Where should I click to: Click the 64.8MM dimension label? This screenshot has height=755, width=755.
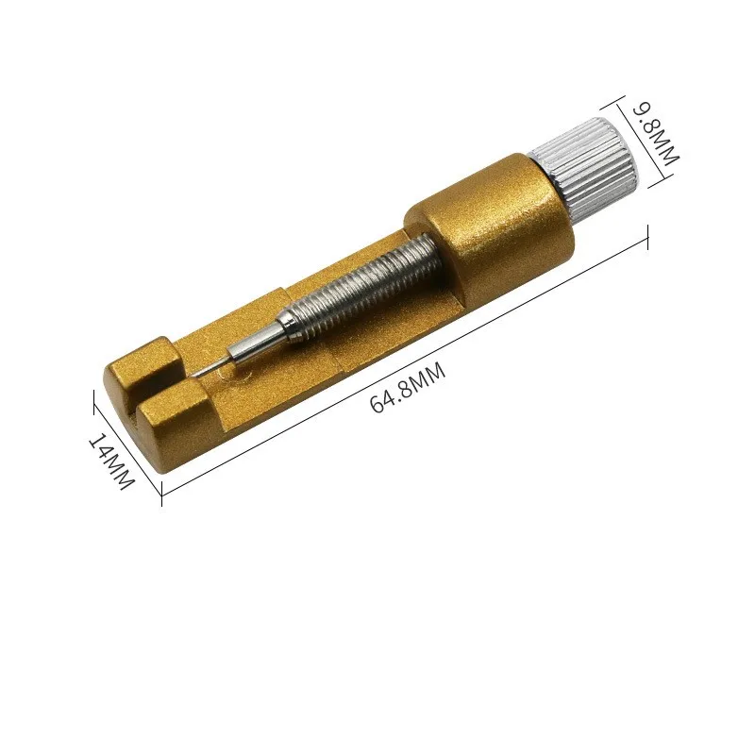click(x=408, y=388)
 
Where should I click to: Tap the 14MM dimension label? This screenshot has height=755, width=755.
click(x=110, y=461)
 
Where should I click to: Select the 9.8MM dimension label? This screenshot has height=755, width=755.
click(x=655, y=133)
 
